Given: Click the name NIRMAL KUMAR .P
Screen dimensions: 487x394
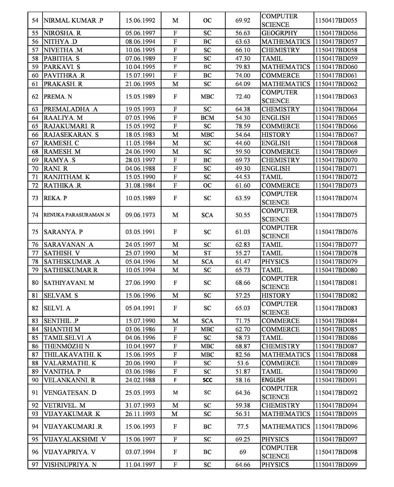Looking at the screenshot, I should pos(73,21).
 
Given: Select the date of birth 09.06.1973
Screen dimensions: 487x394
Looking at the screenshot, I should pos(140,215).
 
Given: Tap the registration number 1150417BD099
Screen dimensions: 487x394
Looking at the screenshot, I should pos(336,465).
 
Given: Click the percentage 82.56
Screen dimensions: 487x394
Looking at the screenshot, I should pos(243,355).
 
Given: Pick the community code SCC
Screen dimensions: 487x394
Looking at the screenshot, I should pos(207,380).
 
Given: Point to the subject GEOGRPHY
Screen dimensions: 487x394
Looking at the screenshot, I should pos(279,33).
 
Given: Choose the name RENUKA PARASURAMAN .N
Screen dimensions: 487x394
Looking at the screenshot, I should pos(77,215).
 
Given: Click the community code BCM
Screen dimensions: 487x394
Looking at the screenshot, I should pos(207,118).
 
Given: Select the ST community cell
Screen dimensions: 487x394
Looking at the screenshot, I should pos(207,253).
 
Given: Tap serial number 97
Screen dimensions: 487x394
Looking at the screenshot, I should pos(35,465).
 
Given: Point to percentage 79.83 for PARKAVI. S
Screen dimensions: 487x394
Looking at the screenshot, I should pos(243,67).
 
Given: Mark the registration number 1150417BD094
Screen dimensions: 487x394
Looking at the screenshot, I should pos(336,406).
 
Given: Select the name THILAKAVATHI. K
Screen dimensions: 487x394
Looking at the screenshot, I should pos(73,355).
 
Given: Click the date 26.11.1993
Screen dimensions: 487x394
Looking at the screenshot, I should pos(140,414).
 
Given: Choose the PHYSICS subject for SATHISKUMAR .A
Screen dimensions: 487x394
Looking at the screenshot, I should pos(275,262).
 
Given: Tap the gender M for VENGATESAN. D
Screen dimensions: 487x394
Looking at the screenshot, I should pos(175,393).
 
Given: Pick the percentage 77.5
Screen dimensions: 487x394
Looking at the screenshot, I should pos(243,427).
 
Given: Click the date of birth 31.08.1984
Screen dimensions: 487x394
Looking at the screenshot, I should pos(140,186).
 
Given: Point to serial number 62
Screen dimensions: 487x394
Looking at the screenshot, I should pos(35,97).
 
